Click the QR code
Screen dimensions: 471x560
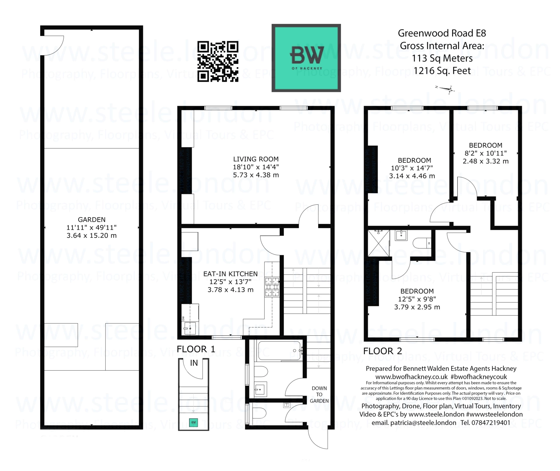[218, 61]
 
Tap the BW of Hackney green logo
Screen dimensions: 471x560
[306, 58]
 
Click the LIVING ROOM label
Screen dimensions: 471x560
[256, 159]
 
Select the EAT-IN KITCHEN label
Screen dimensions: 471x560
[230, 274]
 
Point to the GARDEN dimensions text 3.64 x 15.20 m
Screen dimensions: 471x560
[92, 236]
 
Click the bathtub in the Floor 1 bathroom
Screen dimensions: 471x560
[279, 351]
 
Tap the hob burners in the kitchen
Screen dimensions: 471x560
[272, 287]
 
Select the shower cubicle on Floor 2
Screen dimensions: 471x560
[378, 243]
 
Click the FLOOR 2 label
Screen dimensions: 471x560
[382, 351]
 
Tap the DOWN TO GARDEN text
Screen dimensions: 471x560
[319, 395]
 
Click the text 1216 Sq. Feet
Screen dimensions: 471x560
[442, 71]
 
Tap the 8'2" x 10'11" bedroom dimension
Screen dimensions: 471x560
[485, 153]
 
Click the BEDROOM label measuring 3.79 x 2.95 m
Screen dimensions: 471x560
[417, 291]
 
